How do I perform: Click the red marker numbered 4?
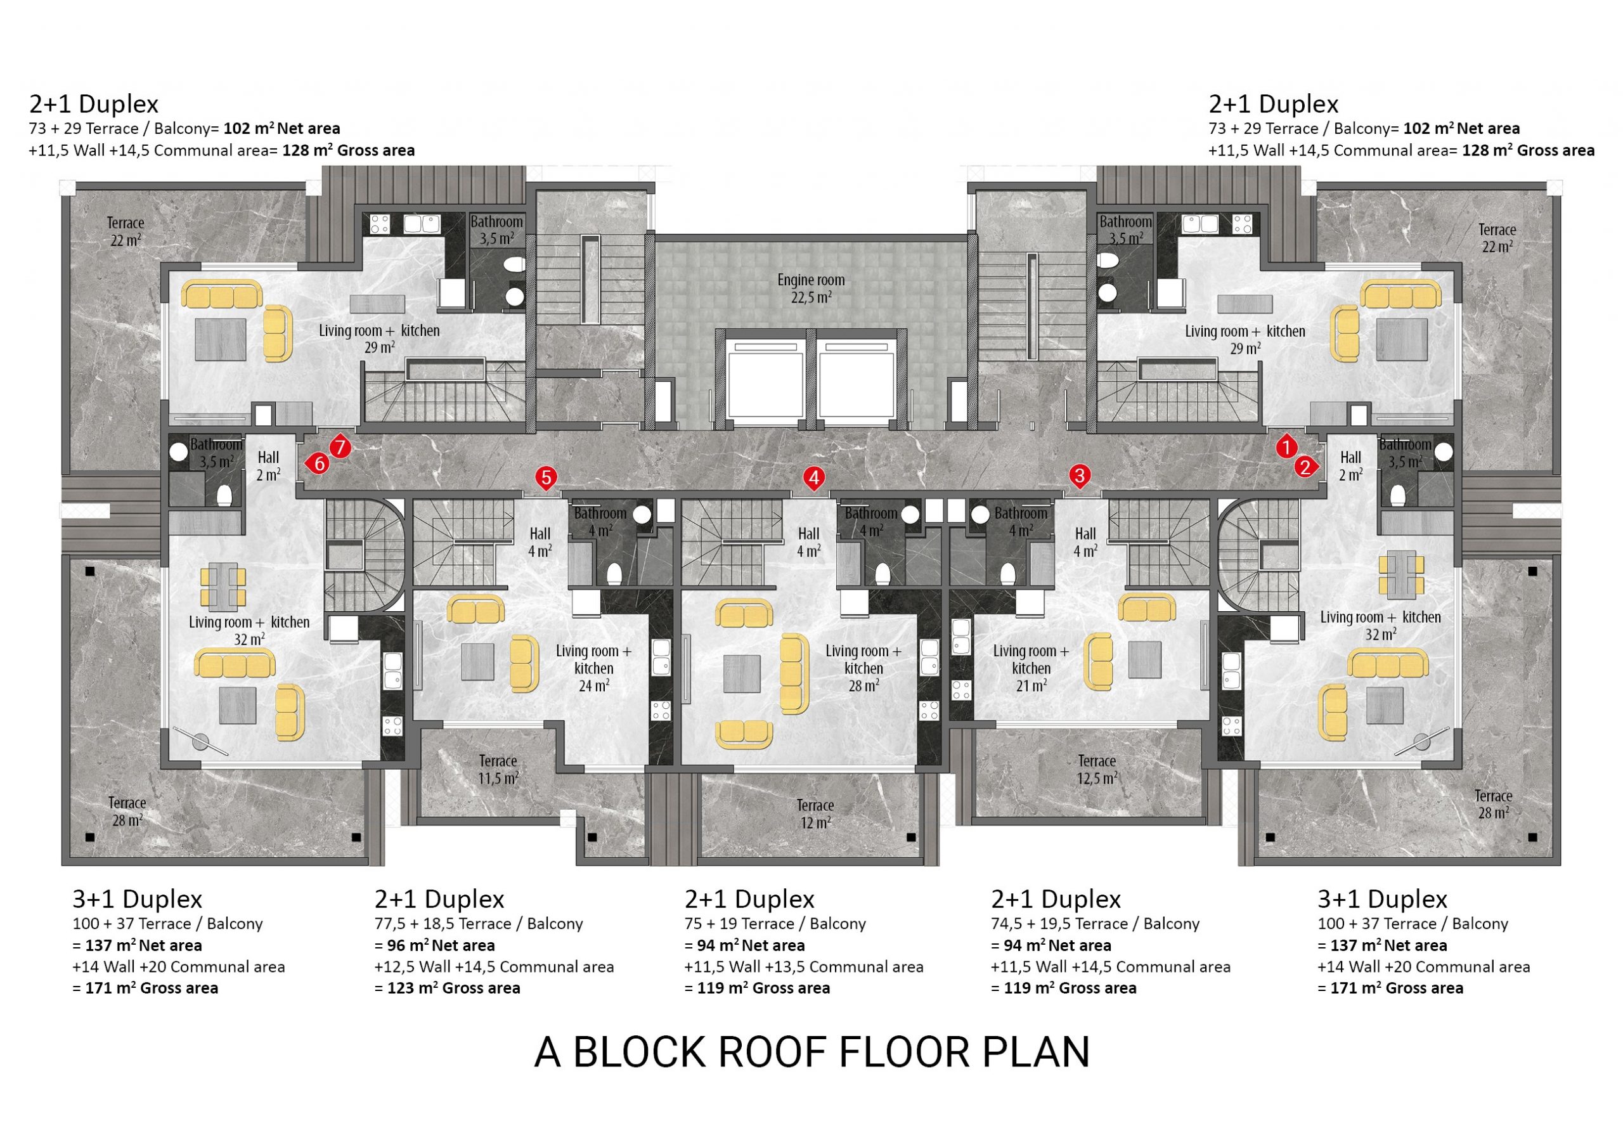(x=813, y=479)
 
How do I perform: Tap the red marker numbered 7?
(x=340, y=447)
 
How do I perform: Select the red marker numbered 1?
(x=1286, y=447)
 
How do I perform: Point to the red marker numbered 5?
(x=546, y=478)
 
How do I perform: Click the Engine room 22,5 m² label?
(x=811, y=288)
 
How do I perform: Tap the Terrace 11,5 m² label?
(x=498, y=769)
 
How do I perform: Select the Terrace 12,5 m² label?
(x=1096, y=769)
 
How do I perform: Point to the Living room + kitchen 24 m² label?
(x=594, y=668)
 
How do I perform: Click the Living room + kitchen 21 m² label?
(x=1031, y=668)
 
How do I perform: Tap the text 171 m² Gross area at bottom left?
(x=152, y=987)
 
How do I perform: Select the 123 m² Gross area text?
(x=453, y=987)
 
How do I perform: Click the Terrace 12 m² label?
(x=815, y=813)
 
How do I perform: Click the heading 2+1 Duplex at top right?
(x=1273, y=104)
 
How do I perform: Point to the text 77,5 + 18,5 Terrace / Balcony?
(x=479, y=923)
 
